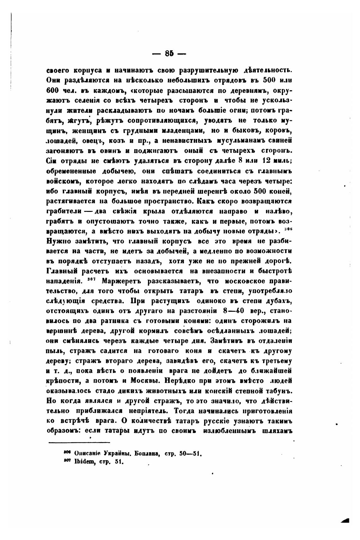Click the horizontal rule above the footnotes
pos(79,443)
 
